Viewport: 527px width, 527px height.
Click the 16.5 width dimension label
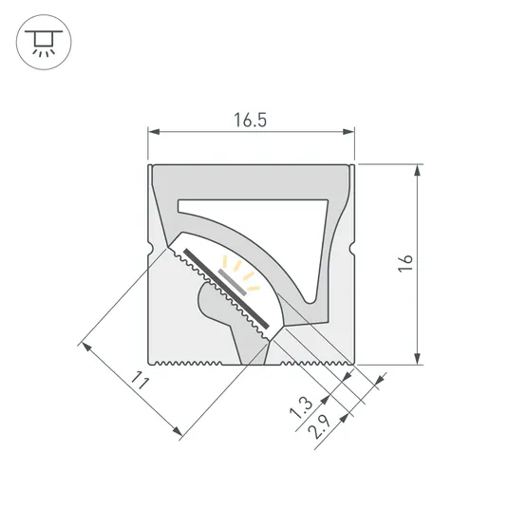(250, 120)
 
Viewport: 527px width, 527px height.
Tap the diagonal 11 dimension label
(141, 382)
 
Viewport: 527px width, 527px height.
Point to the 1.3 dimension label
(299, 409)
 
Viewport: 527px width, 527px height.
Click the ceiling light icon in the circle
(40, 44)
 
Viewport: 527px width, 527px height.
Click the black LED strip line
(226, 285)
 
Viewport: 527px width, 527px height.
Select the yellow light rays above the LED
(240, 270)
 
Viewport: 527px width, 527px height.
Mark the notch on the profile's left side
(150, 251)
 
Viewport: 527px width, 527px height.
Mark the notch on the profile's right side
(352, 251)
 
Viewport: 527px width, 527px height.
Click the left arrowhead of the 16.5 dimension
(152, 133)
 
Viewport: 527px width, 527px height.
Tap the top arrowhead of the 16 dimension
(417, 169)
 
